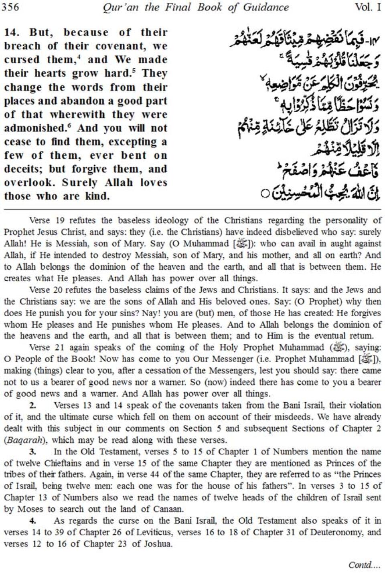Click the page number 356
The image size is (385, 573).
[10, 7]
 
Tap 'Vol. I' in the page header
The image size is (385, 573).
[368, 7]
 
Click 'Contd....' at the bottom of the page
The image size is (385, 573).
[363, 565]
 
